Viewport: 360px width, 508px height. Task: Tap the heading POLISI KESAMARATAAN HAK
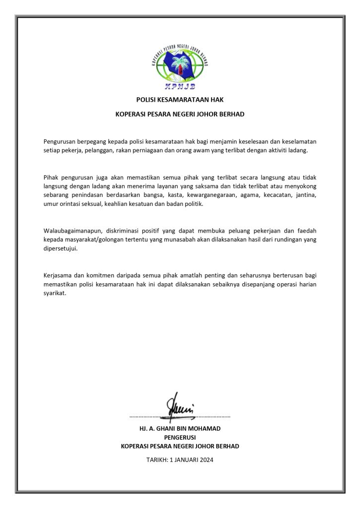click(x=180, y=99)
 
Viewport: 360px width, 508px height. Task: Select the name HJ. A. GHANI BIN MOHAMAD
click(x=180, y=428)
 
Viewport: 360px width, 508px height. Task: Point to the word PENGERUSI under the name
click(x=180, y=437)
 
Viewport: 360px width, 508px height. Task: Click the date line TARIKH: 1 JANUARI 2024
click(x=180, y=460)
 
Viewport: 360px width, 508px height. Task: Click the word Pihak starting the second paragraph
click(x=52, y=177)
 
